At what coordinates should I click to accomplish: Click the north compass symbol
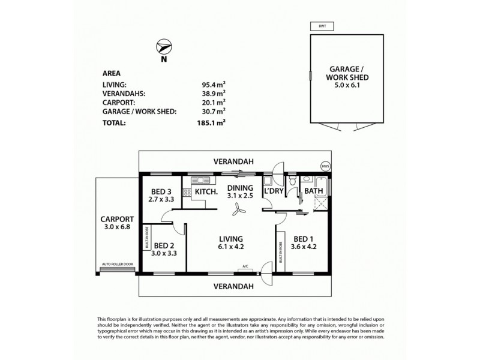(164, 47)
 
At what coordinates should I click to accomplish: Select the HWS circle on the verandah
(326, 166)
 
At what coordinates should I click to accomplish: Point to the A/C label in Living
(245, 266)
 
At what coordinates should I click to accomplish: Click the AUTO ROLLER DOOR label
(117, 265)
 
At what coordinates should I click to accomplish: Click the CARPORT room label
(116, 220)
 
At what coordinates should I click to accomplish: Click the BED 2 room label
(164, 245)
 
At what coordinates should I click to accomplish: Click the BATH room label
(314, 191)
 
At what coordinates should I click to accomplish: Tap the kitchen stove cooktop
(187, 193)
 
